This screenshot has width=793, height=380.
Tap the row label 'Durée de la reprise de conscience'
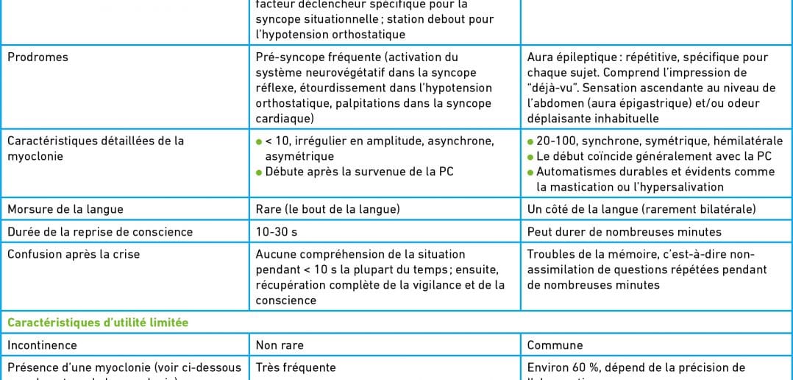point(100,231)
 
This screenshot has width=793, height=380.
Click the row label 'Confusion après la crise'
point(74,254)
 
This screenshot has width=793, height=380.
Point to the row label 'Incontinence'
point(42,345)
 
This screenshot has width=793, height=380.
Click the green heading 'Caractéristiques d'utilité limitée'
point(98,323)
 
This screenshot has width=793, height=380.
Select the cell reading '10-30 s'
point(277,231)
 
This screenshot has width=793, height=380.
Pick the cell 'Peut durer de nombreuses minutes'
point(624,231)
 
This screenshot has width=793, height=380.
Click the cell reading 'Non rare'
point(280,345)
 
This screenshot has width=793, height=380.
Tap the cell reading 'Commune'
point(555,345)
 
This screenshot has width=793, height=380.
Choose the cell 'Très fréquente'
point(296,367)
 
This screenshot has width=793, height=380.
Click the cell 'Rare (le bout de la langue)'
point(328,209)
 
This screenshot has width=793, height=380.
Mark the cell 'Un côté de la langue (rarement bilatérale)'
point(641,209)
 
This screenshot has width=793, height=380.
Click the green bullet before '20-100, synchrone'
point(530,141)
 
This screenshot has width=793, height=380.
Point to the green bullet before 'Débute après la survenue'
point(259,172)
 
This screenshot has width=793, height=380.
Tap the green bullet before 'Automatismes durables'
point(530,172)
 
